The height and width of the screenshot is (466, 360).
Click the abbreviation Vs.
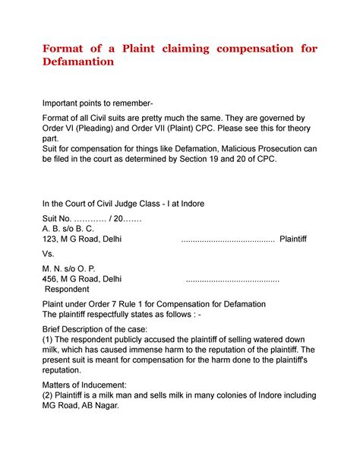coord(49,255)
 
